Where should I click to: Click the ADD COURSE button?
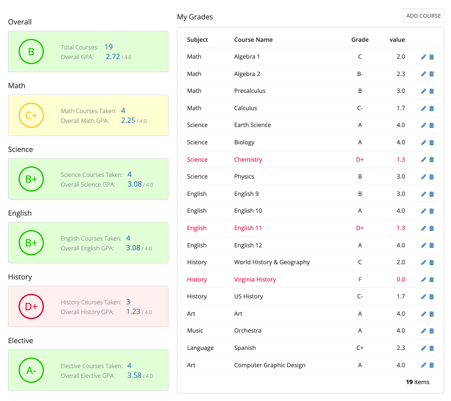[423, 16]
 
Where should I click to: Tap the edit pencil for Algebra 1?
[424, 57]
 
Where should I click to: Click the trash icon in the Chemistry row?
[432, 160]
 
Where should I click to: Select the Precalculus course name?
[250, 91]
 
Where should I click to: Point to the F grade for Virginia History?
[360, 279]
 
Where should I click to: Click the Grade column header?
[360, 40]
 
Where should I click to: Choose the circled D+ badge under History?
[31, 306]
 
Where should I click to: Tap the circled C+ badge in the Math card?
[31, 115]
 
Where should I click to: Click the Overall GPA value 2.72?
[113, 57]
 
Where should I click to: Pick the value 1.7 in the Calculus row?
[400, 108]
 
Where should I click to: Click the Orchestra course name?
[247, 331]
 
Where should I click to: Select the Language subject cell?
[200, 348]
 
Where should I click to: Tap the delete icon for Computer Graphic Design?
[432, 365]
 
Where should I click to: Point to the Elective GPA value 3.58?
[134, 375]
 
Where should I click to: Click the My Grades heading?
[195, 17]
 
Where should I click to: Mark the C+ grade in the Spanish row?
[360, 348]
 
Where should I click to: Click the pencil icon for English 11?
[424, 228]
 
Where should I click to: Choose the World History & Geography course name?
[272, 262]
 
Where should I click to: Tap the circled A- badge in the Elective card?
[31, 370]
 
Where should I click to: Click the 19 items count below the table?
[417, 382]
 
